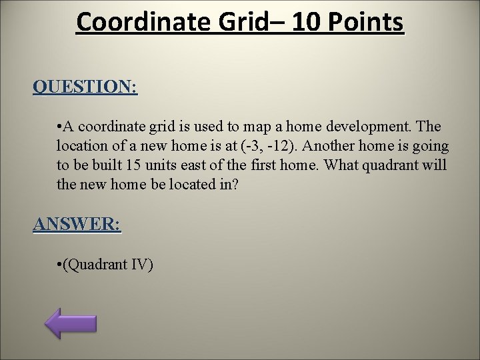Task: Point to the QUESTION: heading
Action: click(x=85, y=87)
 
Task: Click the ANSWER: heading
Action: click(x=77, y=225)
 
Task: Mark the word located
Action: click(x=187, y=183)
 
